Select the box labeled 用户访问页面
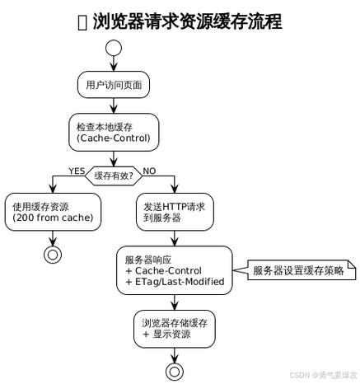pos(113,84)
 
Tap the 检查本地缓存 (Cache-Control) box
pos(113,132)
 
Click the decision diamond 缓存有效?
pos(114,176)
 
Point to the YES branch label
pos(77,171)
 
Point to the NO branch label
pos(150,171)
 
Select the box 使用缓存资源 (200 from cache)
pos(54,212)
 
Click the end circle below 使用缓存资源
pos(54,254)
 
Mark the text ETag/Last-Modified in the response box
pos(176,282)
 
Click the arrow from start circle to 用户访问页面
pos(113,66)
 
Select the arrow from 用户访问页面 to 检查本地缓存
pos(113,105)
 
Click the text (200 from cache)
pos(53,218)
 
